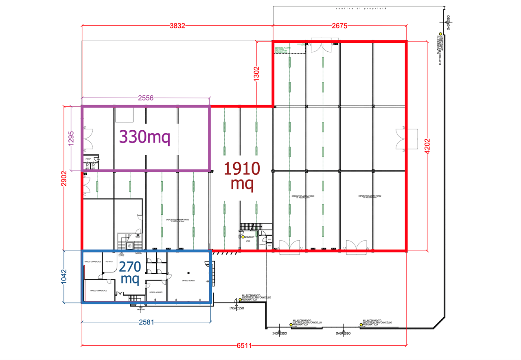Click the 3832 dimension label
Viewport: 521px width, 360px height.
pos(177,26)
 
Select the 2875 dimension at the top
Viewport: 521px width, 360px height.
pos(339,26)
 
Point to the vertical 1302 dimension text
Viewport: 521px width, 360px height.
pos(256,74)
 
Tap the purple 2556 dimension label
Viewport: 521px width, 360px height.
pos(146,98)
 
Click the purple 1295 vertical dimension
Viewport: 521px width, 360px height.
pos(71,138)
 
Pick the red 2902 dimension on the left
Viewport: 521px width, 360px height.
pos(63,178)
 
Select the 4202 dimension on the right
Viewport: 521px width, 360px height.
pos(427,146)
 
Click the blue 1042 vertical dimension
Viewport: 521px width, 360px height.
pos(65,277)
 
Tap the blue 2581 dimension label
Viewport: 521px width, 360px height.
pos(146,323)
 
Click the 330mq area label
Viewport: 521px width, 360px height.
pos(144,137)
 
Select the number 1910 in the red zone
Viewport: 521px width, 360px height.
pos(242,168)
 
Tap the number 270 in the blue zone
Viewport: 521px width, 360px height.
pos(129,267)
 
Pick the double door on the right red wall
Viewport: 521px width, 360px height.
pos(401,139)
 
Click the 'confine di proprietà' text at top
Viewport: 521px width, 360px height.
pos(361,8)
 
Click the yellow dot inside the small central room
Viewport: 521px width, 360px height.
pos(243,237)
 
